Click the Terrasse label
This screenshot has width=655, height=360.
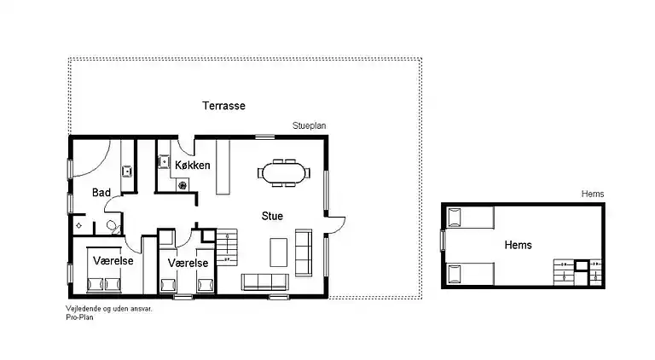tap(224, 106)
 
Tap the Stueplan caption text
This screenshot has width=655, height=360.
tap(309, 125)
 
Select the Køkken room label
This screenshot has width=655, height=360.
tap(193, 165)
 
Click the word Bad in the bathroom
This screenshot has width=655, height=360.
tap(101, 193)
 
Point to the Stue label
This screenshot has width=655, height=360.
tap(272, 216)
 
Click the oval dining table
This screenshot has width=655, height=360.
tap(284, 173)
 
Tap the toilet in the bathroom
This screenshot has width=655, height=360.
tap(113, 227)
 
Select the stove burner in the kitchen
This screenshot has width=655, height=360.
tap(183, 185)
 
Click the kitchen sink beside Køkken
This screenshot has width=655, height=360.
tap(164, 161)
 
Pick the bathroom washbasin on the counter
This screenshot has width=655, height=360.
tap(127, 171)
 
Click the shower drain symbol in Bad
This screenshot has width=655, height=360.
tap(79, 226)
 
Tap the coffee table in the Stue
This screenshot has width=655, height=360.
tap(278, 253)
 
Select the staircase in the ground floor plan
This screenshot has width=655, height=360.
tap(227, 247)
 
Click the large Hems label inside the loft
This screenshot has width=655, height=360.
tap(518, 245)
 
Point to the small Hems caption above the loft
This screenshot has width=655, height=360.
tap(593, 194)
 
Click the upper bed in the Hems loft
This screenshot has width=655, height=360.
tap(471, 218)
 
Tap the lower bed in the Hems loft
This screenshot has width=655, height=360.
tap(471, 274)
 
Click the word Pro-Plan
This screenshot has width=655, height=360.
tap(80, 317)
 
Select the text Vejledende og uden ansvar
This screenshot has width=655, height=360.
tap(109, 309)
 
